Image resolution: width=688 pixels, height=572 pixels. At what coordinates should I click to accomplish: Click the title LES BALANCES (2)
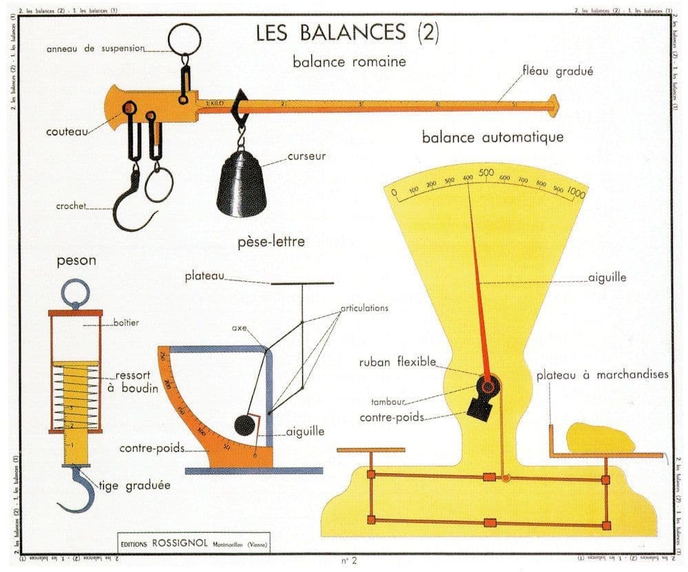pos(347,33)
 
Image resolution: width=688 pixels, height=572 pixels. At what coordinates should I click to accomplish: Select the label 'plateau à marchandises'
pos(602,375)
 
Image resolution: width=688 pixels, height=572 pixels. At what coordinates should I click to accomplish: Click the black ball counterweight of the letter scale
pos(245,425)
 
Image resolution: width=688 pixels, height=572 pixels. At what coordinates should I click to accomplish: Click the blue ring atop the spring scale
pos(75,293)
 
